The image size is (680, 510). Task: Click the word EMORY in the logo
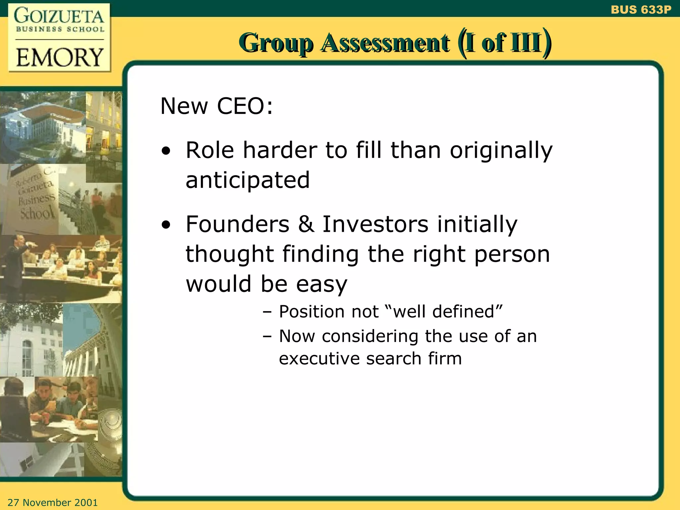point(60,57)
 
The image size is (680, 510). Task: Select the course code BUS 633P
point(641,10)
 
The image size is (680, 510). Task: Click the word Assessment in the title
point(385,43)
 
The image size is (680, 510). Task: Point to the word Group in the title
point(276,43)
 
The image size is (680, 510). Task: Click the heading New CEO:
point(216,106)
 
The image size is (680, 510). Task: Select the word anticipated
point(248,180)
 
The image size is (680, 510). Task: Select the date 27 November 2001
point(52,502)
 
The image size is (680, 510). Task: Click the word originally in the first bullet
point(501,151)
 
